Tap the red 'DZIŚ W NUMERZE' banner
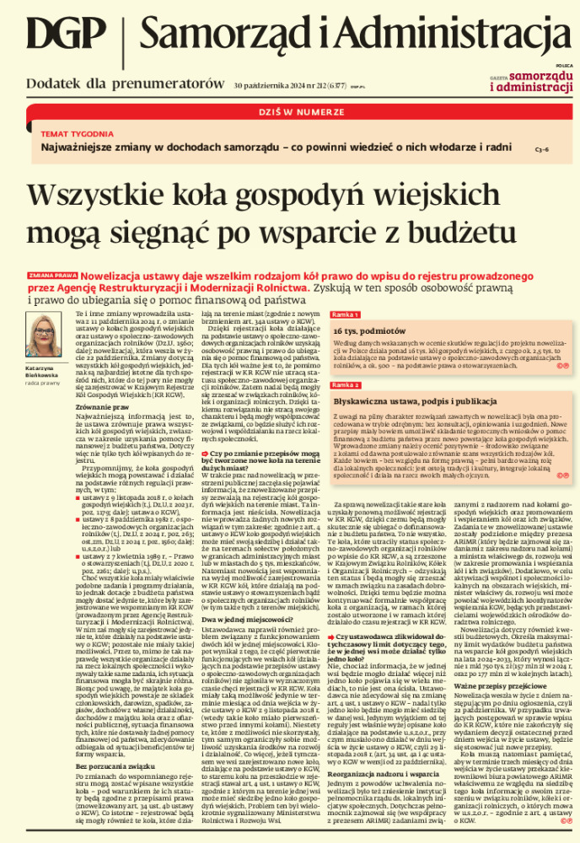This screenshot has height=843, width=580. click(x=290, y=110)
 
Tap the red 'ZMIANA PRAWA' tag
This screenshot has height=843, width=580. click(x=53, y=275)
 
